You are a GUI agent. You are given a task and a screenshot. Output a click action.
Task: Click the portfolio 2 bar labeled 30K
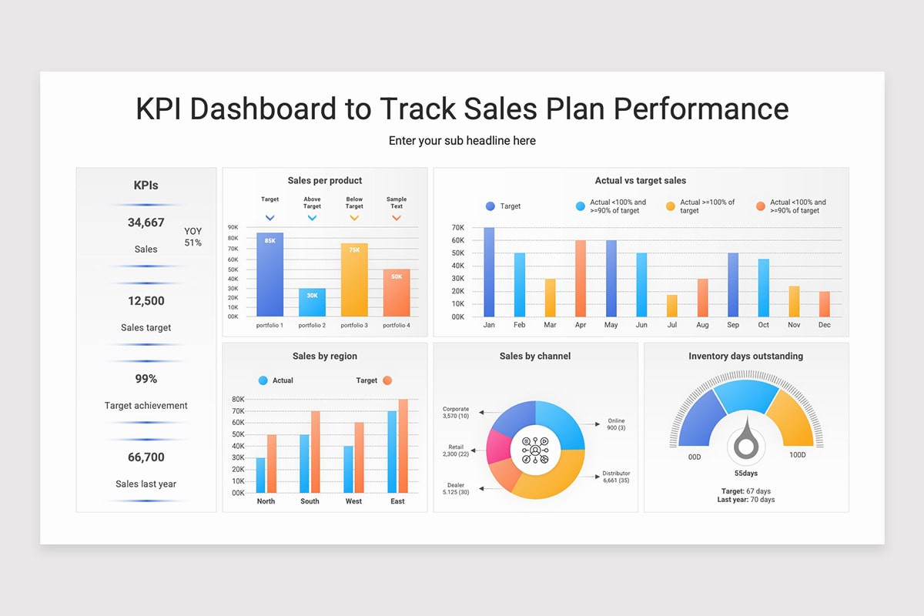[312, 303]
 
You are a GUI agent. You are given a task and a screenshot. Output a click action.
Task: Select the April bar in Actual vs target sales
[581, 279]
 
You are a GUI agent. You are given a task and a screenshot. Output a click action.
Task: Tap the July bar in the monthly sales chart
[672, 306]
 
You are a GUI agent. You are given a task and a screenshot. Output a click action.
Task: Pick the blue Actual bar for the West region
[349, 469]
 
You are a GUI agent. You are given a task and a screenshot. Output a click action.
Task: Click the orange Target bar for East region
[403, 446]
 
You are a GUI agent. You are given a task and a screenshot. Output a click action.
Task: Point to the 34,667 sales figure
[146, 223]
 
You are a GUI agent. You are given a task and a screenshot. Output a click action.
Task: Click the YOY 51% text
[193, 237]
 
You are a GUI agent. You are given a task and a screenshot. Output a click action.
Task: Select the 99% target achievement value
[146, 379]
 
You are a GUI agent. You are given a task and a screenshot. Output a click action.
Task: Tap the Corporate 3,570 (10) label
[456, 412]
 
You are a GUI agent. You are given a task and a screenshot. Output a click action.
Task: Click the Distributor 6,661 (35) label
[616, 477]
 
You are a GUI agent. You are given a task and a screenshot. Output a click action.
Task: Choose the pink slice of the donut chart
[498, 447]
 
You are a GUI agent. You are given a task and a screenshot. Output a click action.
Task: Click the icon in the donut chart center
[535, 450]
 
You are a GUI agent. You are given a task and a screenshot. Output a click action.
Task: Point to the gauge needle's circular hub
[746, 446]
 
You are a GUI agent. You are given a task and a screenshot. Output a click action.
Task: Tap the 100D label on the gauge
[798, 454]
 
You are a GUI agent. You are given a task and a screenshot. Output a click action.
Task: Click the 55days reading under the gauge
[746, 474]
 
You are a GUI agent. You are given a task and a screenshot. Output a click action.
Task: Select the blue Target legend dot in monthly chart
[490, 206]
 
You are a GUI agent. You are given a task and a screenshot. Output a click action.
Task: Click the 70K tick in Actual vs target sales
[458, 227]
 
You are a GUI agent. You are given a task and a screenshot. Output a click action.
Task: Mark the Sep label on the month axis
[733, 325]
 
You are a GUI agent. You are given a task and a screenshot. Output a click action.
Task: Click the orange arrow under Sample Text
[397, 217]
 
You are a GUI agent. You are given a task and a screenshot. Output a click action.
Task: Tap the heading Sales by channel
[535, 356]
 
